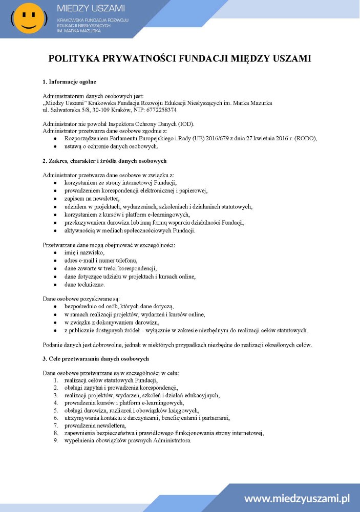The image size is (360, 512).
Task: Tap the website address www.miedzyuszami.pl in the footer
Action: (x=297, y=498)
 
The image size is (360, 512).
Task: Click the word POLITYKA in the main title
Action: (x=73, y=58)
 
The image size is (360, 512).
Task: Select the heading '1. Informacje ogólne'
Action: (x=69, y=82)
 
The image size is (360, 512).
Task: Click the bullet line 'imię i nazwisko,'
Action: (x=84, y=252)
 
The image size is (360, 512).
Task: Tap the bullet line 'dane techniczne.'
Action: (x=84, y=284)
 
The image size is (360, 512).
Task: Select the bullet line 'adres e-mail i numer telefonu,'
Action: (x=101, y=261)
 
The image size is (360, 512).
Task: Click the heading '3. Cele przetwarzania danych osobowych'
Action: (x=95, y=358)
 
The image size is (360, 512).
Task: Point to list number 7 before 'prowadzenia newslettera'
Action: (x=56, y=425)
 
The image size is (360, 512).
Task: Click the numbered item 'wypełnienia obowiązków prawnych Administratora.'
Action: (x=128, y=440)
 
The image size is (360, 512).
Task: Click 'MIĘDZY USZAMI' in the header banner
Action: (x=91, y=8)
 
